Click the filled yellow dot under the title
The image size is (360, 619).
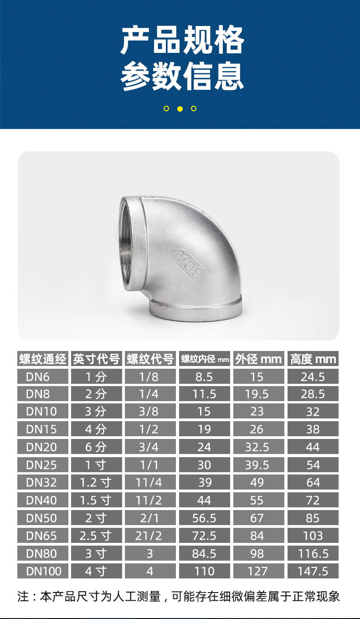(180, 108)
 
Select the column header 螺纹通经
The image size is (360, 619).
(43, 359)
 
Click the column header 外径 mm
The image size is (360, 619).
(258, 359)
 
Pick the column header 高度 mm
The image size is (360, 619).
(313, 359)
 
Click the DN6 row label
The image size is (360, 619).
(43, 377)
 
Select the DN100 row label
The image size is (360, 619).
(43, 571)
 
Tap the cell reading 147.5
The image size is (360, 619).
(313, 571)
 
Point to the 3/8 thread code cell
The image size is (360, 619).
(149, 412)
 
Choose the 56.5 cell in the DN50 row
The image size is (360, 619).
(204, 518)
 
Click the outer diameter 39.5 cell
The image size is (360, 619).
(257, 465)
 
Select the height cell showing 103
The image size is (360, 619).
(313, 536)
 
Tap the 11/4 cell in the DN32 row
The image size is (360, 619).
(149, 482)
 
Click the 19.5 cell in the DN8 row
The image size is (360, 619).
(257, 394)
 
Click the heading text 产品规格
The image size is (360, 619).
(182, 41)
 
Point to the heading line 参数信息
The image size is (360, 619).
(182, 76)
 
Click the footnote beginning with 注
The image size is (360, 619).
(179, 596)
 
